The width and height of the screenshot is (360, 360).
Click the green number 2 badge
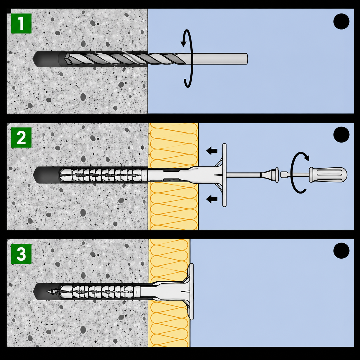(x=21, y=138)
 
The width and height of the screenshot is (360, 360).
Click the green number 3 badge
(x=21, y=254)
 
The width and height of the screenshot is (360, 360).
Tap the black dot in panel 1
(x=341, y=21)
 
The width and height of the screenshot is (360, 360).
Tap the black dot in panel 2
(x=341, y=135)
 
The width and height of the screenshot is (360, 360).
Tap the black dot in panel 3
(x=341, y=251)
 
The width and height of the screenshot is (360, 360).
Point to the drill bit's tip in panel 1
(x=65, y=58)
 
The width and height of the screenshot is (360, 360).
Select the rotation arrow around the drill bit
(x=187, y=59)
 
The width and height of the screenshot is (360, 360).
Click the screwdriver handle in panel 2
(x=328, y=175)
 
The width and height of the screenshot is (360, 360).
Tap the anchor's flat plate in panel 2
(x=224, y=175)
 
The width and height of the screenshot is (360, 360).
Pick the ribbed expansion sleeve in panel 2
(x=101, y=175)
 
